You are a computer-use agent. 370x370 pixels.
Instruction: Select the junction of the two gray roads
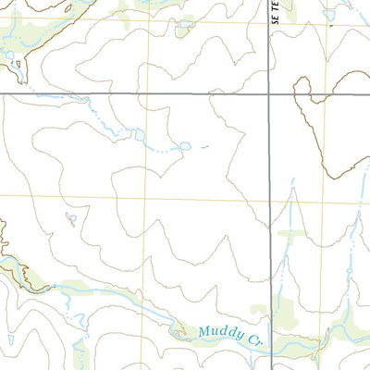click(270, 93)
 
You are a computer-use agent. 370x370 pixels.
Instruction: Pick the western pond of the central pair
click(139, 134)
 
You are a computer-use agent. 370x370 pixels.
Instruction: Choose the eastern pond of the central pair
click(184, 146)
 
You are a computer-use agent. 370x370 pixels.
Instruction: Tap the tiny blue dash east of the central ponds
click(204, 146)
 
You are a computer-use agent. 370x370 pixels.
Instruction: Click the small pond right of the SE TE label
click(330, 15)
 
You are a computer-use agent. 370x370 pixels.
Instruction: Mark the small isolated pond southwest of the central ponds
click(70, 219)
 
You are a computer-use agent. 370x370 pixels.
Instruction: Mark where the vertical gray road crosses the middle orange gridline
click(270, 197)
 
